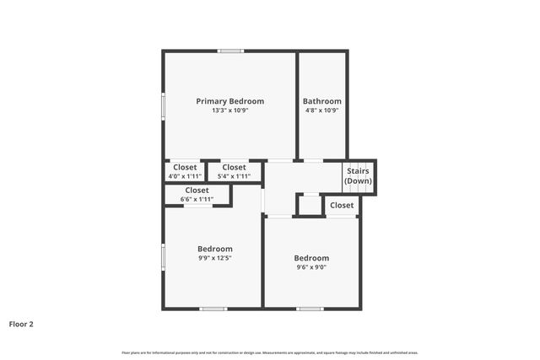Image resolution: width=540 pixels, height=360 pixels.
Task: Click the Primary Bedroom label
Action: click(229, 101)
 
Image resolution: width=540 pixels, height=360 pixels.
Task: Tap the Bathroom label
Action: click(322, 101)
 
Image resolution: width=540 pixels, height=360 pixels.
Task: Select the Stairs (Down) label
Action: click(358, 176)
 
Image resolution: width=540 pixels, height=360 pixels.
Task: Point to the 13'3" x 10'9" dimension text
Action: click(229, 110)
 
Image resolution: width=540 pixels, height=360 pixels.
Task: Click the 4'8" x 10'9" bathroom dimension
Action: click(322, 110)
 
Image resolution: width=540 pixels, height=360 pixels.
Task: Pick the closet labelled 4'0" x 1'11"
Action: click(185, 172)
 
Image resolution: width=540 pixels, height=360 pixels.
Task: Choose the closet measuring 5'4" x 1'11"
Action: click(234, 172)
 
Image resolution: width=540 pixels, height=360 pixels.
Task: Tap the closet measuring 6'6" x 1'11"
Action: click(197, 195)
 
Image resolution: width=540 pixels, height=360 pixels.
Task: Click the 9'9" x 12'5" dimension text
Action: click(214, 258)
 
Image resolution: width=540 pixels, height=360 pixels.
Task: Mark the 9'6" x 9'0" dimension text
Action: click(310, 267)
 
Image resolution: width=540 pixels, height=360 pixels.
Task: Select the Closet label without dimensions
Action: click(342, 205)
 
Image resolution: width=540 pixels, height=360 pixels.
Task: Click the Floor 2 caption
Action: click(21, 323)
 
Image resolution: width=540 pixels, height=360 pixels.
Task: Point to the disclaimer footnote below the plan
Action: click(270, 352)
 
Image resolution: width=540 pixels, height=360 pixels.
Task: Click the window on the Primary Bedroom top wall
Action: click(230, 51)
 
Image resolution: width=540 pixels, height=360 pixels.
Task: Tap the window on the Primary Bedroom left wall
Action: click(164, 106)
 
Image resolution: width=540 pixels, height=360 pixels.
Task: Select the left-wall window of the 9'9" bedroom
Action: click(164, 255)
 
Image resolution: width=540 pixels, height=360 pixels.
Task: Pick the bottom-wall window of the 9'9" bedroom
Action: click(213, 309)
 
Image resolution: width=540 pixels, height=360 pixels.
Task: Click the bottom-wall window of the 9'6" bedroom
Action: click(310, 309)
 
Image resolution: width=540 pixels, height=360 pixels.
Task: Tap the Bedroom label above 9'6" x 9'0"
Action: click(310, 258)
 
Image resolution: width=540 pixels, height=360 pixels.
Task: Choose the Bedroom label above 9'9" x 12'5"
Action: click(214, 249)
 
